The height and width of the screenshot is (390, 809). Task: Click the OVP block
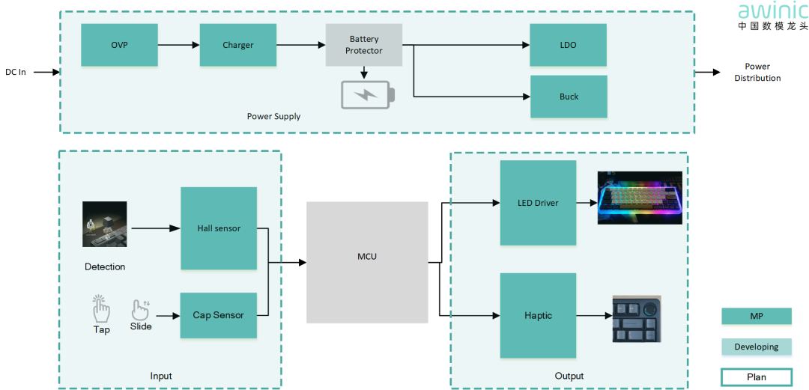(x=119, y=45)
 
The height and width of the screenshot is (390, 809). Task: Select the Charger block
(x=237, y=45)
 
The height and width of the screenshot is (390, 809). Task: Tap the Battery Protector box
(x=364, y=45)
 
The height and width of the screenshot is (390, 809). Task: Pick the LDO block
(x=569, y=45)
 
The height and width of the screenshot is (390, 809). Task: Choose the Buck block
(x=569, y=97)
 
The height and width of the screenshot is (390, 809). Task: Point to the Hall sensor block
(x=219, y=228)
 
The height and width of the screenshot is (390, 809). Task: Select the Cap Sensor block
(x=219, y=315)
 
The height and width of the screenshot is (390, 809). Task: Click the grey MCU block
(x=367, y=257)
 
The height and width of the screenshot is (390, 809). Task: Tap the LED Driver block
(x=538, y=203)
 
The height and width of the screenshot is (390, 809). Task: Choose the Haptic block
(x=538, y=315)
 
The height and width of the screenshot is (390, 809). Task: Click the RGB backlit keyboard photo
(x=640, y=198)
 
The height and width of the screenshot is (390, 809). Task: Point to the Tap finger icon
(x=101, y=308)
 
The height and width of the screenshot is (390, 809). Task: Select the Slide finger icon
(x=140, y=309)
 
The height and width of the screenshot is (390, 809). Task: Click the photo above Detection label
(x=104, y=224)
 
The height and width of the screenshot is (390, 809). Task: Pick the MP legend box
(x=756, y=317)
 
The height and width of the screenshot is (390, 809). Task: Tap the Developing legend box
(x=756, y=347)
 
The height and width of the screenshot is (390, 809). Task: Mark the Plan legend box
(x=756, y=377)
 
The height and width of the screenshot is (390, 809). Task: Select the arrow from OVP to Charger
(x=178, y=45)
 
